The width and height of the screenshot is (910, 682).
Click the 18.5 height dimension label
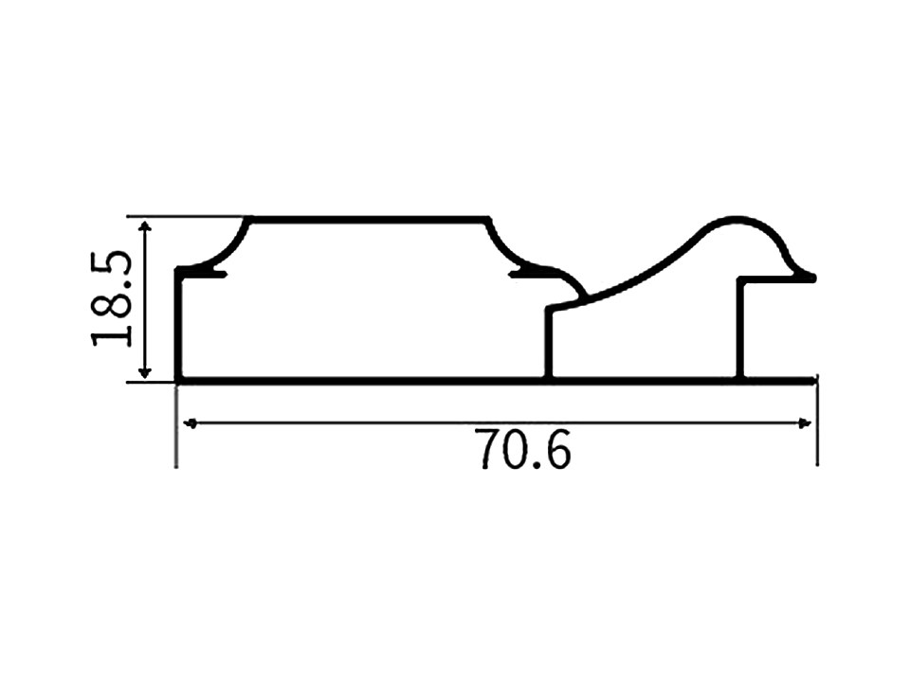111,298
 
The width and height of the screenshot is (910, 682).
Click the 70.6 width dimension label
523,449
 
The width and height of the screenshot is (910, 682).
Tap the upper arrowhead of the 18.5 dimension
145,226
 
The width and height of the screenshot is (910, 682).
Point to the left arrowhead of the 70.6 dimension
191,423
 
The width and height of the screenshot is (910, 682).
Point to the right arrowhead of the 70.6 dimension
804,423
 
